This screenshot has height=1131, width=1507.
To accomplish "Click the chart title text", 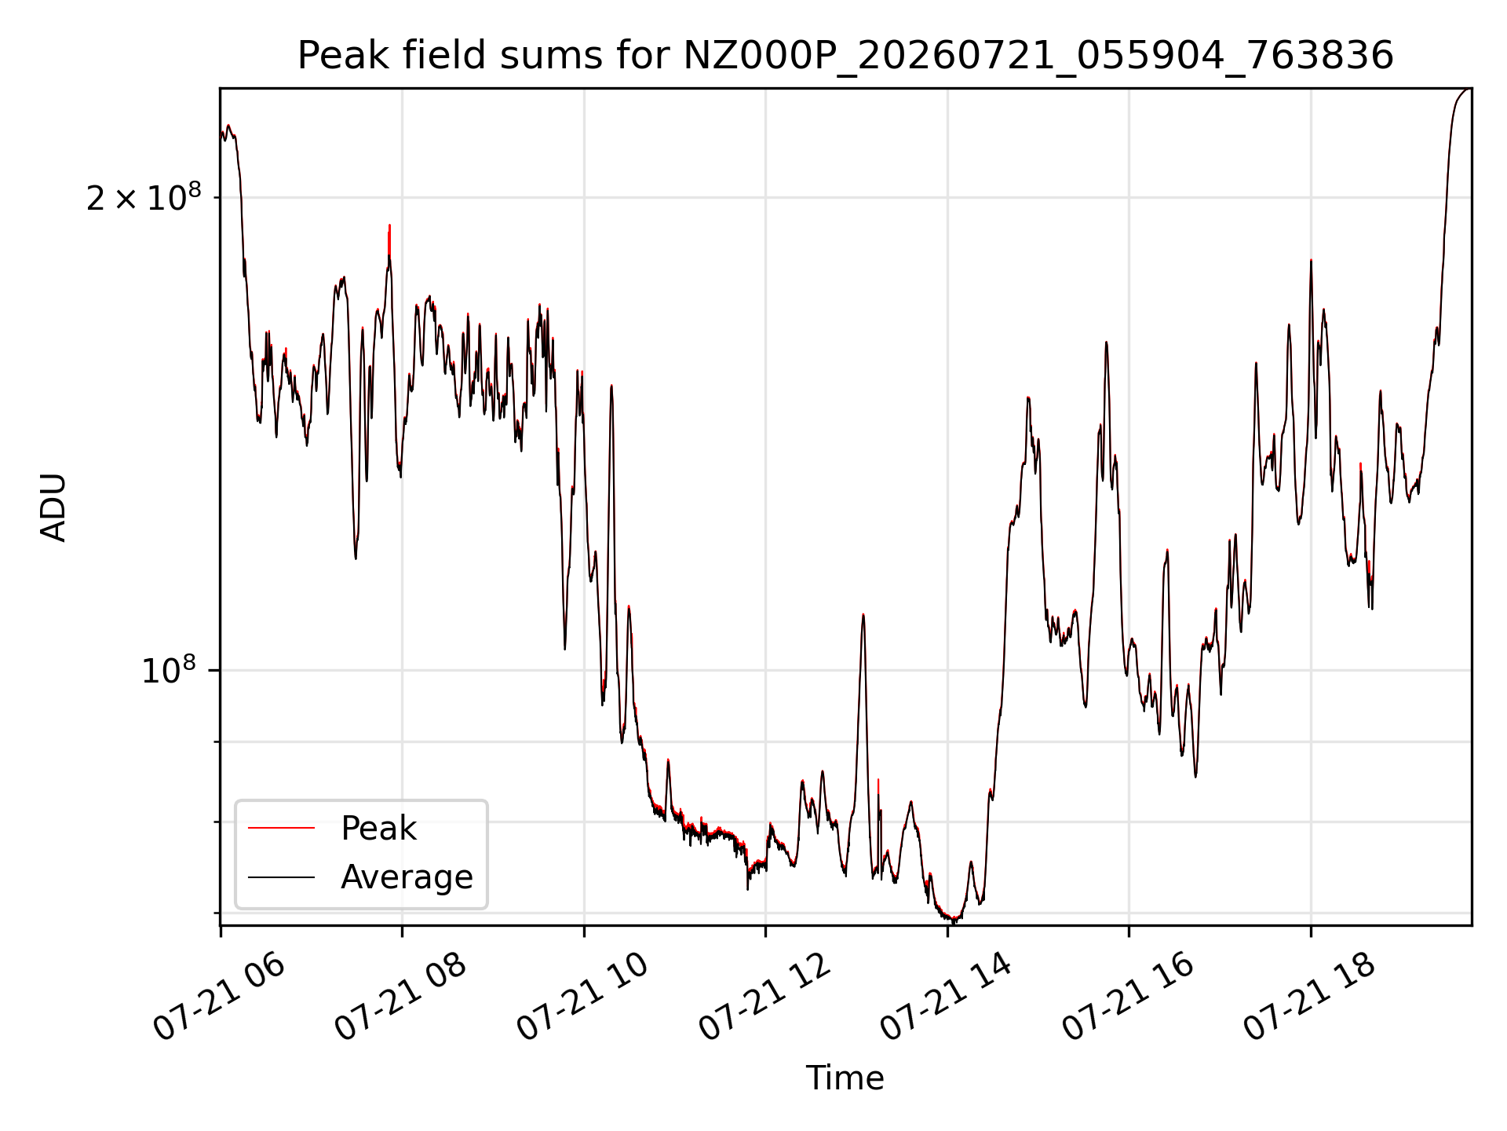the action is pyautogui.click(x=845, y=56).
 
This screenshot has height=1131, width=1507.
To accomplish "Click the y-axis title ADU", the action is pyautogui.click(x=53, y=507).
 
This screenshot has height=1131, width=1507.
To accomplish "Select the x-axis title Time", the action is pyautogui.click(x=845, y=1078).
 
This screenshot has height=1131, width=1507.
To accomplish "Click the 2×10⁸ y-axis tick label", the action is pyautogui.click(x=144, y=197).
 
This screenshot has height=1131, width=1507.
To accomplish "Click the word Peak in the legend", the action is pyautogui.click(x=378, y=829).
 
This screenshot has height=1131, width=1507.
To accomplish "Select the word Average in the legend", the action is pyautogui.click(x=407, y=877).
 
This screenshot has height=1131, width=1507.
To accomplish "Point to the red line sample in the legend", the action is pyautogui.click(x=281, y=829).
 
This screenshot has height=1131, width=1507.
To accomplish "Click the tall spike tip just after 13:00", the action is pyautogui.click(x=863, y=615).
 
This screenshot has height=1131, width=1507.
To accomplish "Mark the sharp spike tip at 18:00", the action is pyautogui.click(x=1311, y=260).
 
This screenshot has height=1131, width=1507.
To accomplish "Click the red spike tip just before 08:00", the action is pyautogui.click(x=389, y=225).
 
